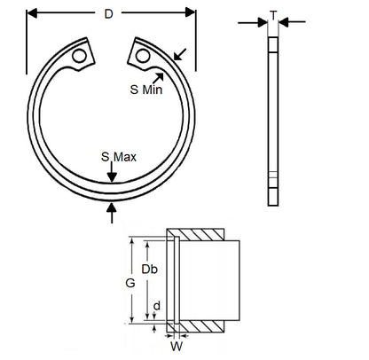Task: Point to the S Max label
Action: [117, 156]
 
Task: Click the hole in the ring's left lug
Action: [80, 55]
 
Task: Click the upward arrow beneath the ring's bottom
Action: [111, 209]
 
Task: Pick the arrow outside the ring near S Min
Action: [179, 55]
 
